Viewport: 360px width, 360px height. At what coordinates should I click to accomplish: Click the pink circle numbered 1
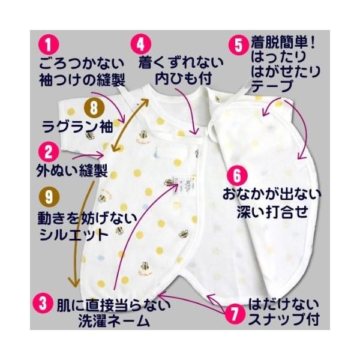pyautogui.click(x=48, y=46)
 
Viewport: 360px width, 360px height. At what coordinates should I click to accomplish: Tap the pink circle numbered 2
pyautogui.click(x=48, y=152)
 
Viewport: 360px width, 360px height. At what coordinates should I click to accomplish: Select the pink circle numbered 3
pyautogui.click(x=43, y=304)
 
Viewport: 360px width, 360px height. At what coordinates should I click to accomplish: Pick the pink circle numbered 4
pyautogui.click(x=141, y=44)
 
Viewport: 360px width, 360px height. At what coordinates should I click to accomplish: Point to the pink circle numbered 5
pyautogui.click(x=239, y=45)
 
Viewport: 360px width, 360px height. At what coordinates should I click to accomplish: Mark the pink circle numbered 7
pyautogui.click(x=235, y=313)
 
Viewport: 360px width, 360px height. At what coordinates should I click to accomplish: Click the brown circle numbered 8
pyautogui.click(x=94, y=109)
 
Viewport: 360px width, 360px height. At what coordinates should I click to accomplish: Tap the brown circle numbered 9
pyautogui.click(x=49, y=197)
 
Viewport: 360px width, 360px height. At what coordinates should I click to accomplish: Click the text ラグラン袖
pyautogui.click(x=77, y=127)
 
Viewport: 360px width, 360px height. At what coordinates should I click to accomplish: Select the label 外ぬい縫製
pyautogui.click(x=72, y=170)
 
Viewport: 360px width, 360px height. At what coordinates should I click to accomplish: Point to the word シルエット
pyautogui.click(x=74, y=235)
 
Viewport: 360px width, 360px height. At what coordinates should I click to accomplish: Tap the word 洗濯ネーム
pyautogui.click(x=115, y=320)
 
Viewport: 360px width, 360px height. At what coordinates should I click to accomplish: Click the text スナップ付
pyautogui.click(x=284, y=319)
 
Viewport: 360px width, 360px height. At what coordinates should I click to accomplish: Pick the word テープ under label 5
pyautogui.click(x=272, y=86)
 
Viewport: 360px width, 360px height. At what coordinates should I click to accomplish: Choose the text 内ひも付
pyautogui.click(x=183, y=79)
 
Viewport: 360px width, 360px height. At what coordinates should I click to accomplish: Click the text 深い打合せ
pyautogui.click(x=272, y=212)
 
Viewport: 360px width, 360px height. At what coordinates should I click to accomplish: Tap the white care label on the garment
pyautogui.click(x=185, y=185)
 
